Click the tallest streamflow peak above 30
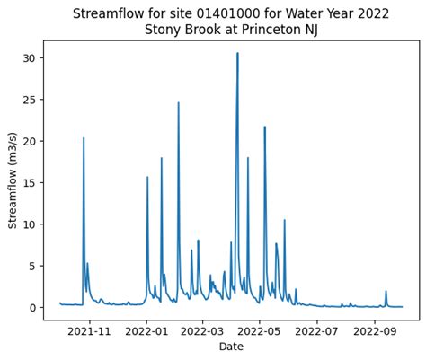coord(237,54)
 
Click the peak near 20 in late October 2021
coord(84,138)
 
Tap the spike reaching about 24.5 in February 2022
coord(178,103)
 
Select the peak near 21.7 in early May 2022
coord(264,127)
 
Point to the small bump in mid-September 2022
coord(386,292)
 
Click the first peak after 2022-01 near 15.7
coord(147,177)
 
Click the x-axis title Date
coord(231,347)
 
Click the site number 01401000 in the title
coord(214,13)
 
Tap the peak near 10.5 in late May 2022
coord(285,220)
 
